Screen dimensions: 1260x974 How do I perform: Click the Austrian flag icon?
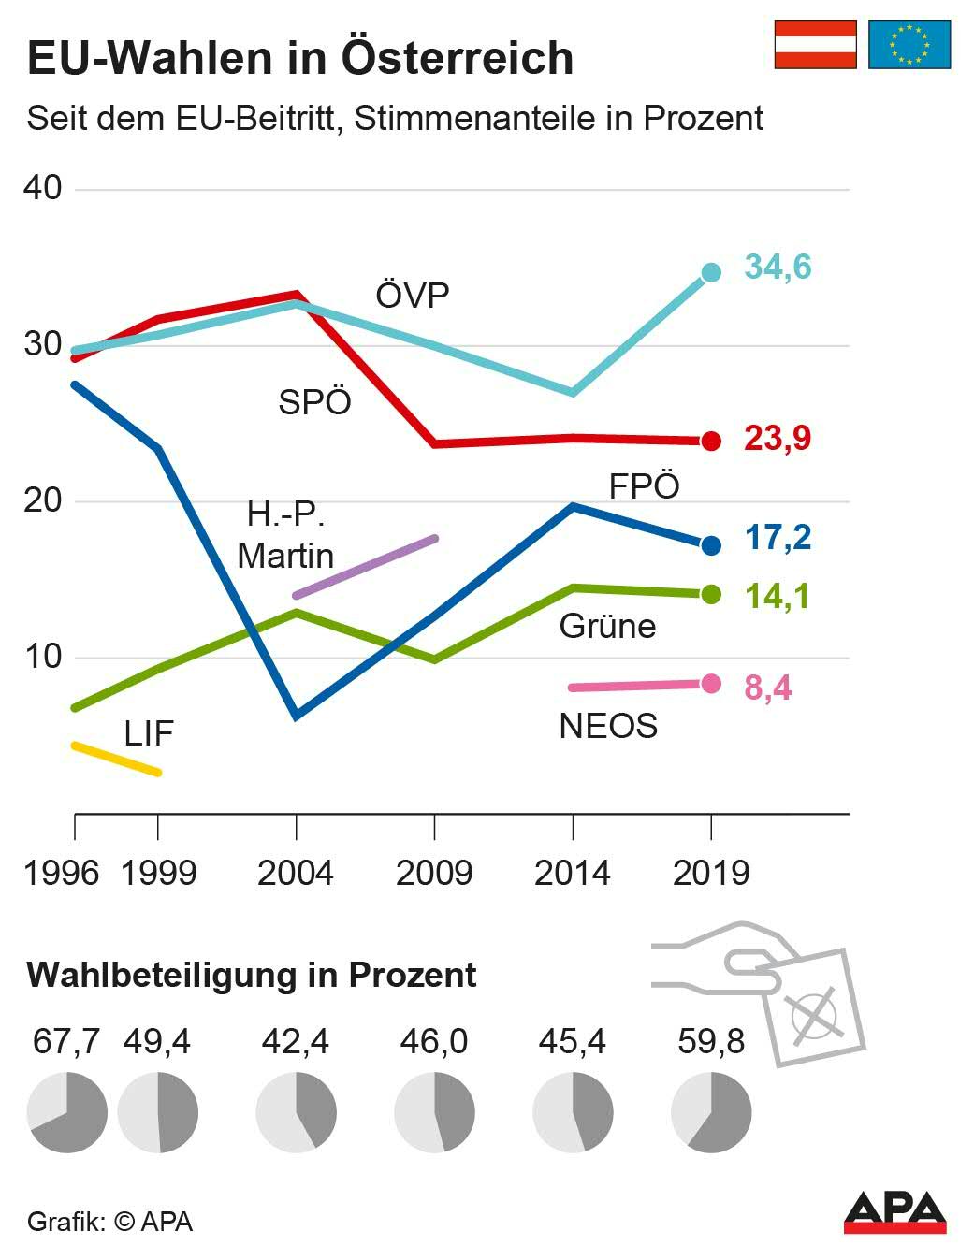815,44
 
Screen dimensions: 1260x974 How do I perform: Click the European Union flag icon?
909,44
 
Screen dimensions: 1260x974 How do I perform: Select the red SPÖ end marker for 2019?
711,441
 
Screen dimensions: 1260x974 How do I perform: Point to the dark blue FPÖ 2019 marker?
711,544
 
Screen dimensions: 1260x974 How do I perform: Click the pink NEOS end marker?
711,684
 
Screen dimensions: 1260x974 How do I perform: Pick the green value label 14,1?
778,596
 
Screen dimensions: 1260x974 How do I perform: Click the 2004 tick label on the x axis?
296,873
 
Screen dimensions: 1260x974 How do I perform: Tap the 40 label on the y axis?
43,187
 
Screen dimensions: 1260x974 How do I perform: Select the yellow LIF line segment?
117,759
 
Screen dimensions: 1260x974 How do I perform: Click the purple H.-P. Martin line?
366,567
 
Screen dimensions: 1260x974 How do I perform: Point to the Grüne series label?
607,626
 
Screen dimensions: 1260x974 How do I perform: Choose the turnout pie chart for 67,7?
66,1112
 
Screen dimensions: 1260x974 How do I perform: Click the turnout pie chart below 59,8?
711,1112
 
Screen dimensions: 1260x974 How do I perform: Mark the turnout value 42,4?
296,1041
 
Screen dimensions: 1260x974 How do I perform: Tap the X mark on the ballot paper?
812,1016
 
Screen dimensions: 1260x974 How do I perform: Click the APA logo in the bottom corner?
894,1212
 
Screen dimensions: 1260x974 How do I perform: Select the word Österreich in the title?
458,58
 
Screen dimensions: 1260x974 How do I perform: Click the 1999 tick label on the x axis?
159,873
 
